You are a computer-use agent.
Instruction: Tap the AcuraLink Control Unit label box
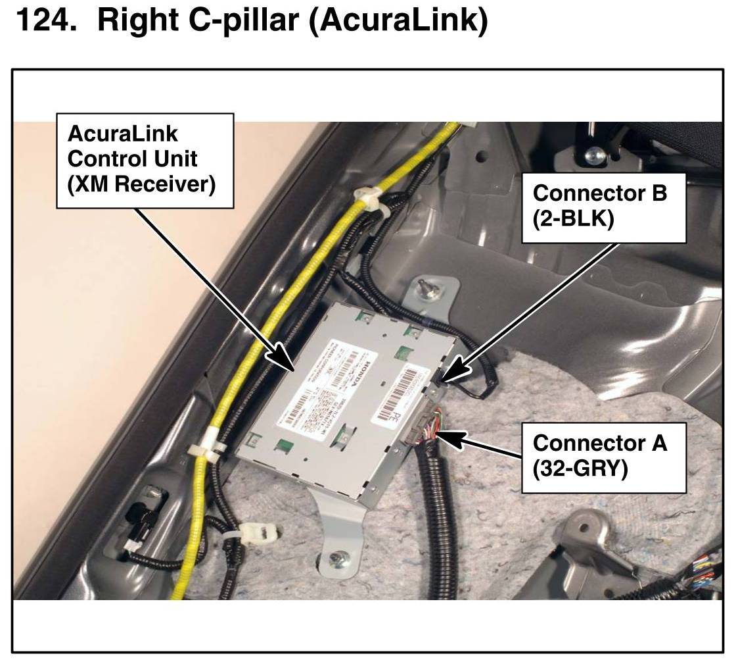point(145,161)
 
